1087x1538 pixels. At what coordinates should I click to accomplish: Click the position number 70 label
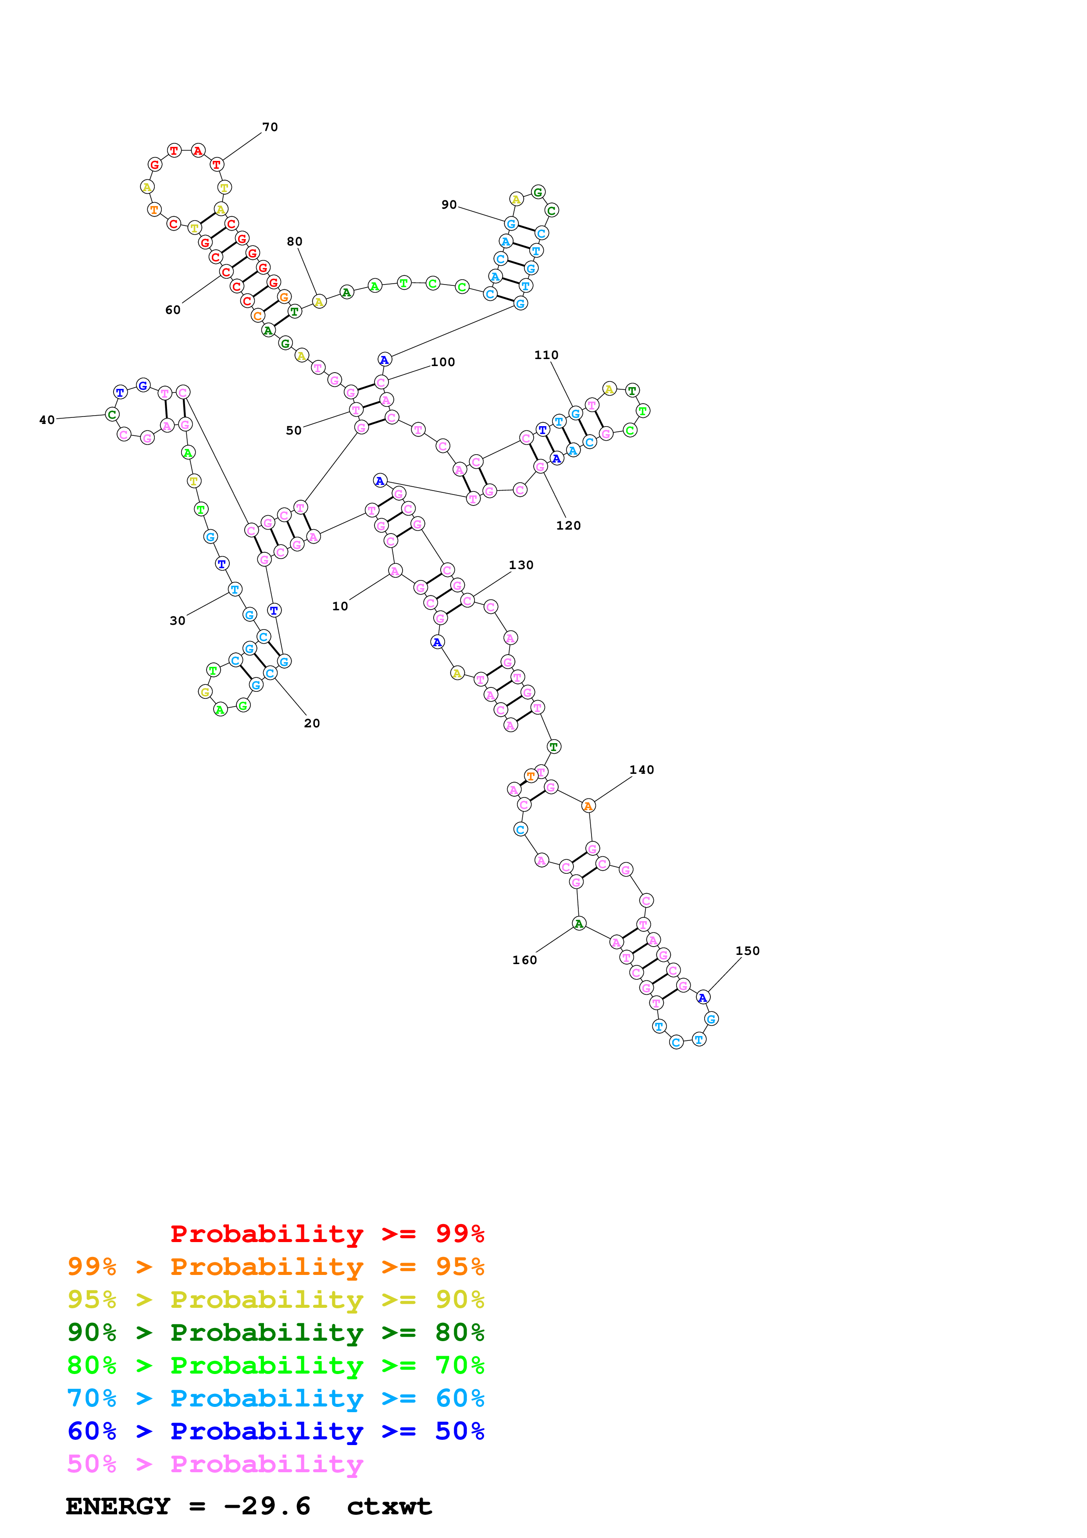[270, 127]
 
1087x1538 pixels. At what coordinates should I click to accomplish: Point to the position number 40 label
[47, 420]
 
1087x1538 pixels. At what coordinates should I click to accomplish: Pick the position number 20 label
[312, 723]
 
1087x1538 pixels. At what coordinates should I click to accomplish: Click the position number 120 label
[568, 525]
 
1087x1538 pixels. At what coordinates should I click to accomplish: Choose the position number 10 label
[340, 606]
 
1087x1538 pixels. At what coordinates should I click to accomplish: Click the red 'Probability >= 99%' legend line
[327, 1234]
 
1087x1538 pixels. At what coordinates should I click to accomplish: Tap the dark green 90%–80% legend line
[275, 1332]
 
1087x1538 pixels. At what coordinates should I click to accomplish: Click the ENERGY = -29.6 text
[188, 1506]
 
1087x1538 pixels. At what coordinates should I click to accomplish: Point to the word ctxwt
[389, 1506]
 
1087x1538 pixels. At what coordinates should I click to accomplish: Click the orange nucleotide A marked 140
[588, 806]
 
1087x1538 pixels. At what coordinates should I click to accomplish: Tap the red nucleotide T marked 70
[216, 164]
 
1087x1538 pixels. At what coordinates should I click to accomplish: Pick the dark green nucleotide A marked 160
[579, 924]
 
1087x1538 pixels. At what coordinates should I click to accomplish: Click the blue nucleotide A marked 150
[702, 997]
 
